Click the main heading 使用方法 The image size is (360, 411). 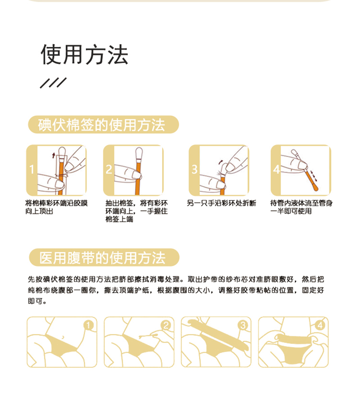(x=85, y=55)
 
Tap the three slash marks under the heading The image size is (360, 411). (x=53, y=83)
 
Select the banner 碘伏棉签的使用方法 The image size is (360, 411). (x=103, y=125)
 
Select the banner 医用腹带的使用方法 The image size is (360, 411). (x=103, y=257)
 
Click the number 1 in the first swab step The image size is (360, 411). (x=31, y=170)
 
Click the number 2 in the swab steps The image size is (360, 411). (x=108, y=170)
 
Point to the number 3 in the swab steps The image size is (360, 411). (x=194, y=170)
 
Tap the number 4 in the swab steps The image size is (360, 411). (x=276, y=170)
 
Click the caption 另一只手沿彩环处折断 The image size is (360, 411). (x=221, y=203)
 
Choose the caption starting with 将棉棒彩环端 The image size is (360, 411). (x=56, y=207)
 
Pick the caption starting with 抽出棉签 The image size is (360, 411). (x=137, y=211)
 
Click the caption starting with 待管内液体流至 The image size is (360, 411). (x=301, y=207)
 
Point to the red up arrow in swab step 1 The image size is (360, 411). (x=54, y=155)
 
